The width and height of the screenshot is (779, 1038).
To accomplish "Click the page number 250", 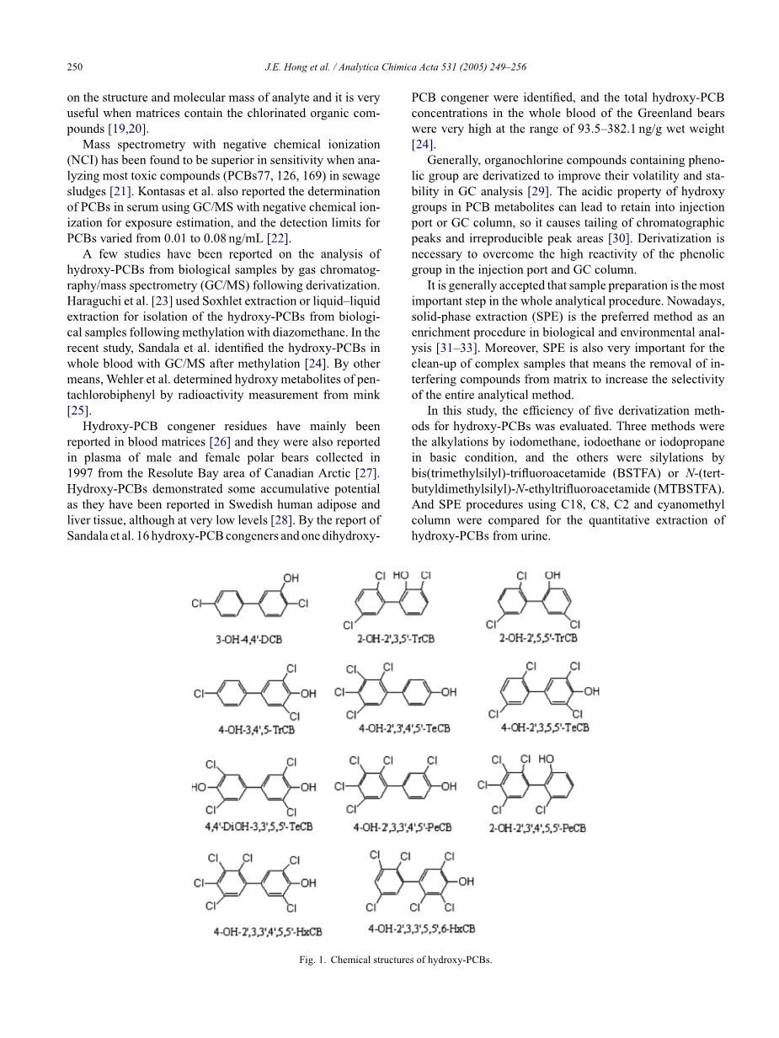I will tap(74, 67).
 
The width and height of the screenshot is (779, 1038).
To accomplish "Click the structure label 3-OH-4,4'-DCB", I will tap(248, 639).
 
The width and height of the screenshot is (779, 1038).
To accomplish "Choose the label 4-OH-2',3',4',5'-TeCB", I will tap(403, 728).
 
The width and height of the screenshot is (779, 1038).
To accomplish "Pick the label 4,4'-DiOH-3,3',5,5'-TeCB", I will tap(259, 828).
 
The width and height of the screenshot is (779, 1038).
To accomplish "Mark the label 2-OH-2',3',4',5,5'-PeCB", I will tap(537, 828).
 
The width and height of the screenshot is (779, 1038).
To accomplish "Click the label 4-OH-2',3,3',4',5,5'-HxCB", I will tap(268, 932).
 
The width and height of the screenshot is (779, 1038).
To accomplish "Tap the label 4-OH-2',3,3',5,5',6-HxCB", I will tap(421, 929).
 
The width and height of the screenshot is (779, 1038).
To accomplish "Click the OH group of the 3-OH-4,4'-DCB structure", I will tap(290, 578).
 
